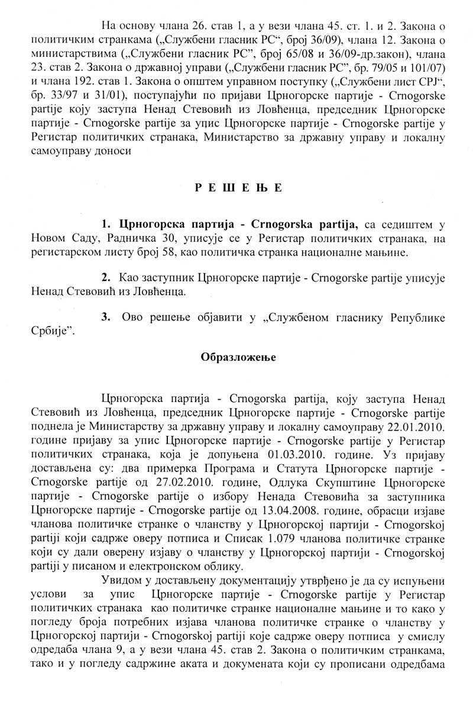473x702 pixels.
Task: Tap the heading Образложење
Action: [237, 357]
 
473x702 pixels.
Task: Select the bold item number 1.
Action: [106, 222]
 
